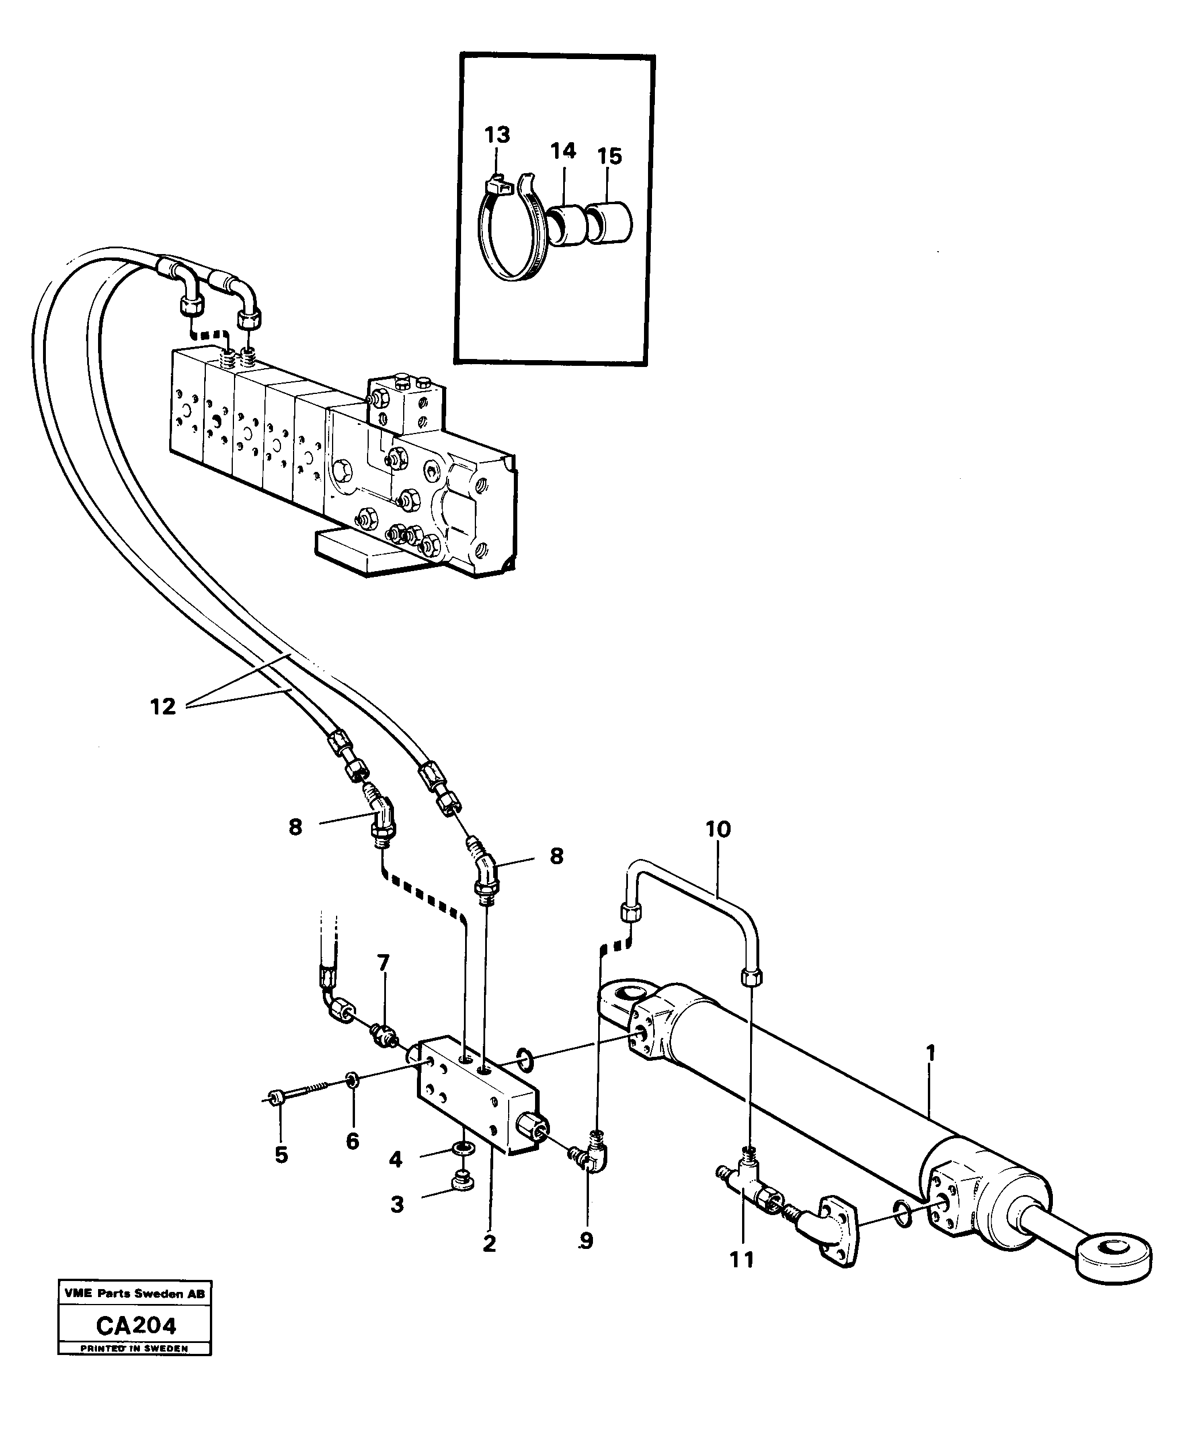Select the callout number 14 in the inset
tap(563, 151)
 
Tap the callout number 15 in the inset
tap(610, 157)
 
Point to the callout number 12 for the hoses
tap(163, 706)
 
